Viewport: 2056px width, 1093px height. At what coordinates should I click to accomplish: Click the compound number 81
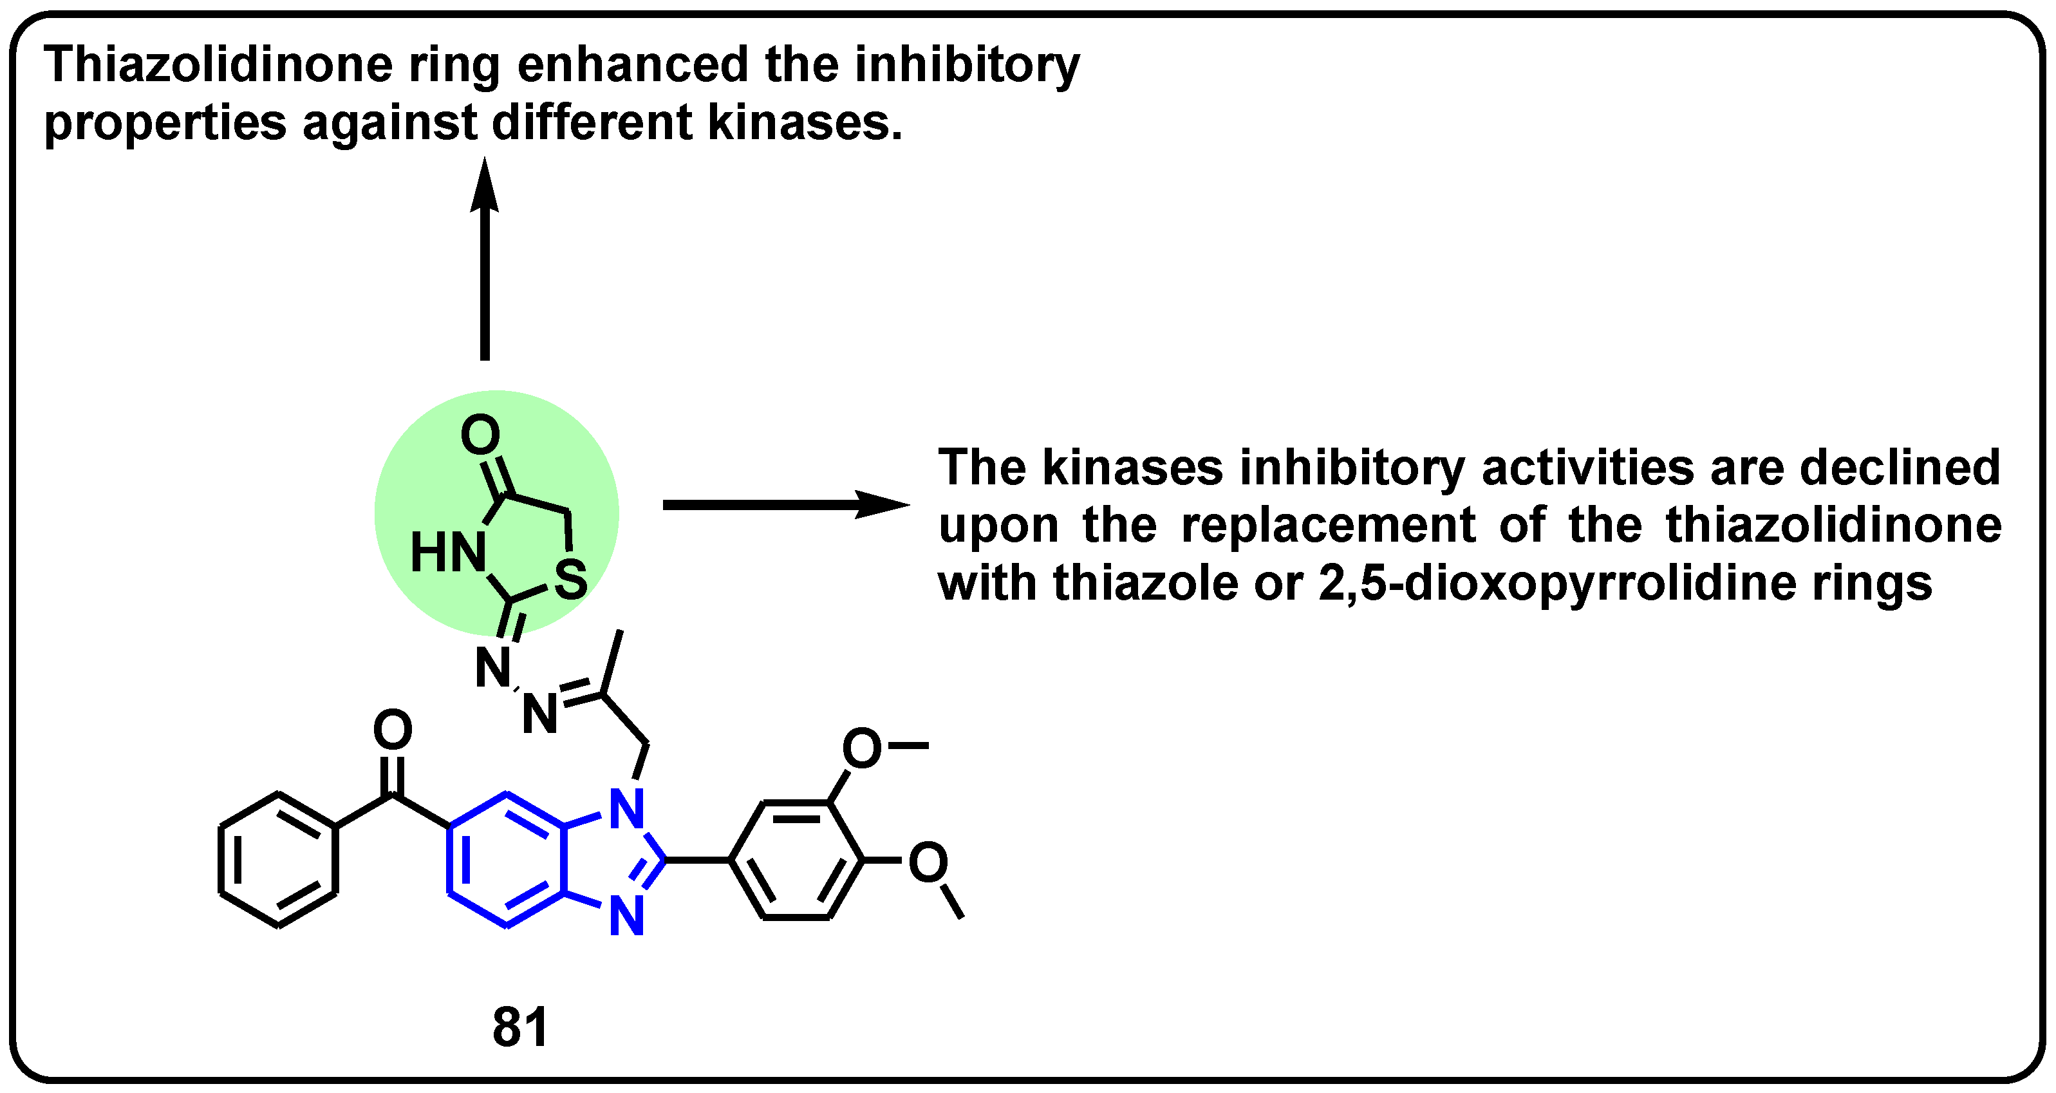coord(520,1027)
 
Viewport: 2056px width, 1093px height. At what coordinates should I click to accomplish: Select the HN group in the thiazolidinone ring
coord(448,553)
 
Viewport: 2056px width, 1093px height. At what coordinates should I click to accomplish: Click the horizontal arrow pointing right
coord(786,504)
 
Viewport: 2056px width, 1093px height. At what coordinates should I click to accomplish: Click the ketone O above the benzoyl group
coord(393,730)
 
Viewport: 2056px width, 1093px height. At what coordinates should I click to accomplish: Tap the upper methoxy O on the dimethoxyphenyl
coord(862,748)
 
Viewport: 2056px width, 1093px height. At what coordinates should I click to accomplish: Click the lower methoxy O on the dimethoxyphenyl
coord(928,862)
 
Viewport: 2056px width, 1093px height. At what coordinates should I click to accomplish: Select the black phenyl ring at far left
coord(277,860)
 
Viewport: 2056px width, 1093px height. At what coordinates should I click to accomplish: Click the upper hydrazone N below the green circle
coord(492,667)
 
